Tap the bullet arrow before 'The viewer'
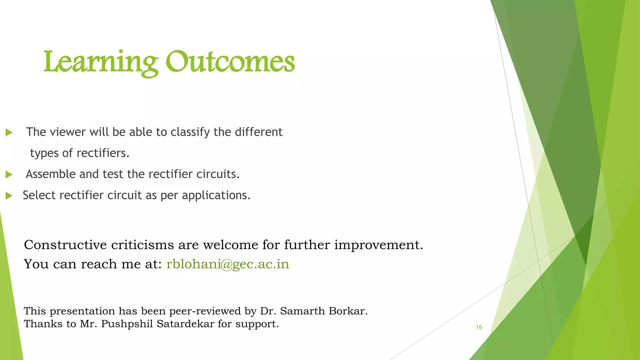pyautogui.click(x=9, y=132)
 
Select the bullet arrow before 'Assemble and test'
pyautogui.click(x=9, y=175)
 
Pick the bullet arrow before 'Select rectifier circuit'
pyautogui.click(x=9, y=196)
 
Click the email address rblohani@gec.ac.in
pyautogui.click(x=227, y=264)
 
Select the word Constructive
pyautogui.click(x=65, y=245)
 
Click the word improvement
pyautogui.click(x=378, y=245)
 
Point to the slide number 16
pyautogui.click(x=479, y=327)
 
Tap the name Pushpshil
pyautogui.click(x=127, y=324)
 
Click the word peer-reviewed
pyautogui.click(x=205, y=311)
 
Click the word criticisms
pyautogui.click(x=142, y=245)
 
